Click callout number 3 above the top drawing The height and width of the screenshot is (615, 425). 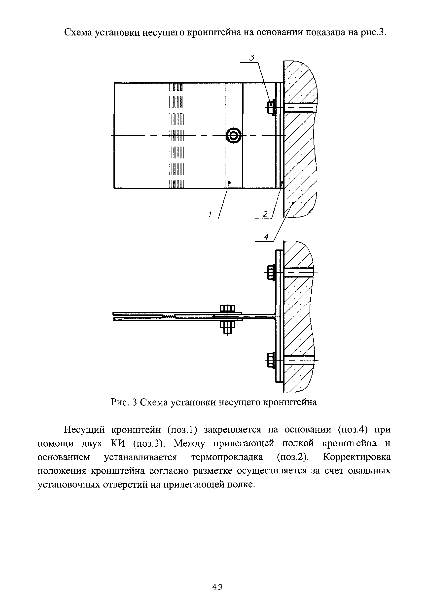(252, 58)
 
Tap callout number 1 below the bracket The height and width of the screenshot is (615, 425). (210, 214)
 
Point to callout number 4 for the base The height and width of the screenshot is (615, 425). (267, 236)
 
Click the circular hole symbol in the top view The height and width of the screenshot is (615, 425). (234, 136)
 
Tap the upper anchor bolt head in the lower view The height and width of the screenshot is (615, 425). (271, 272)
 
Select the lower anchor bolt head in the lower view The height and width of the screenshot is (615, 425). (271, 360)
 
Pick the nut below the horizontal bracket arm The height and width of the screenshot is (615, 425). (227, 327)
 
